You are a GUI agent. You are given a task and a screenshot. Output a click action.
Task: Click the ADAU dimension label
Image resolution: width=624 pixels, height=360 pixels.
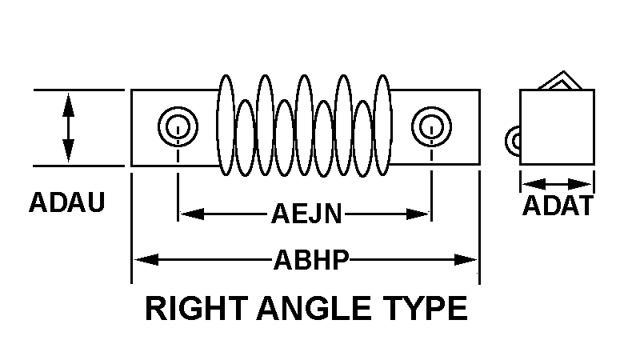tap(67, 202)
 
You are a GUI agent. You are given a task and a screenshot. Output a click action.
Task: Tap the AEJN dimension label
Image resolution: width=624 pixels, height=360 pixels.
tap(306, 214)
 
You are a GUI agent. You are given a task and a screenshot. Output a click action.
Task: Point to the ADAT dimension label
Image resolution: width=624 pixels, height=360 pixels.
tap(558, 206)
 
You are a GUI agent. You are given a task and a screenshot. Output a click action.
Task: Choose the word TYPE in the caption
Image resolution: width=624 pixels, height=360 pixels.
tap(425, 308)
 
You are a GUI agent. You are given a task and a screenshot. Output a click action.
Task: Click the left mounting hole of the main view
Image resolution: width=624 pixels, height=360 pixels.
tap(174, 126)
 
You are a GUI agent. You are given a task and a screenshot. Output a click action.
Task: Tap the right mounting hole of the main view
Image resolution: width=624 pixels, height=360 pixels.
tap(430, 126)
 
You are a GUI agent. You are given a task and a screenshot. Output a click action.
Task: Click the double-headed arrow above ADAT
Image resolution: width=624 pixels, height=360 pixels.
tap(557, 182)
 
